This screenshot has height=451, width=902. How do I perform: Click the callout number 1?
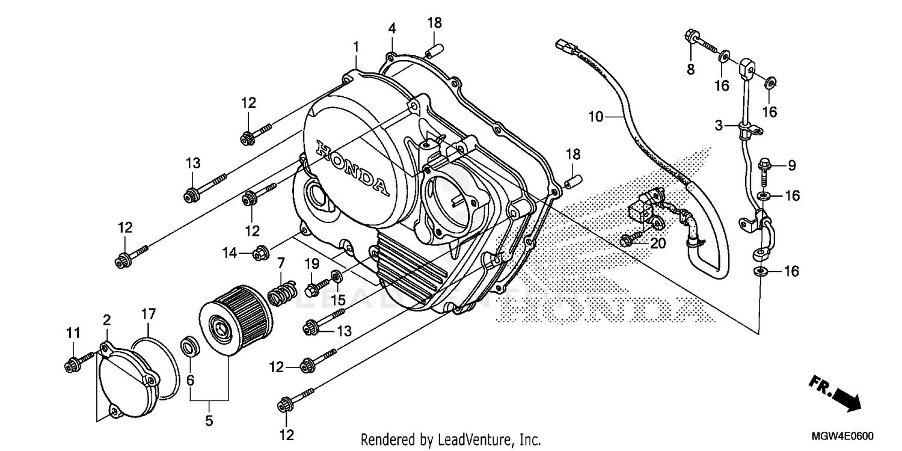[x=356, y=46]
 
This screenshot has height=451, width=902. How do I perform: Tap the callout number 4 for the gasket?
[x=391, y=28]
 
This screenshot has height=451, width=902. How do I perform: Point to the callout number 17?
[x=148, y=313]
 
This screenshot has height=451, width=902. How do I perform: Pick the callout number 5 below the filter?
[x=209, y=421]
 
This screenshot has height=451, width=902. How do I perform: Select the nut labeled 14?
[x=260, y=254]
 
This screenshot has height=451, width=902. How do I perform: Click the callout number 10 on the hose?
[x=595, y=117]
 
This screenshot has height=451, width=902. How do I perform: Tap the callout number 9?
[x=791, y=165]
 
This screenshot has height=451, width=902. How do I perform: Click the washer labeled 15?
[x=337, y=277]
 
